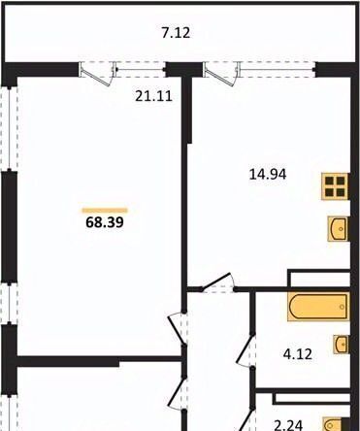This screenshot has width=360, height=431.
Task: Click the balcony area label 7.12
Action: (176, 33)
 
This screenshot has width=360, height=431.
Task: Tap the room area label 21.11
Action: (153, 96)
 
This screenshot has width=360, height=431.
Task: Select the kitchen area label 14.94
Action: (268, 175)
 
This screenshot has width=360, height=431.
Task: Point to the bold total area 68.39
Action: (105, 222)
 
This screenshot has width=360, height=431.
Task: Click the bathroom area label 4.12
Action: (298, 354)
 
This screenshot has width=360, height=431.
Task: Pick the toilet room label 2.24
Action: (288, 425)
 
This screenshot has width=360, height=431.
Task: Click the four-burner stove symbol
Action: (335, 186)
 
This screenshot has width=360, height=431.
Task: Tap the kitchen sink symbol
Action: (339, 229)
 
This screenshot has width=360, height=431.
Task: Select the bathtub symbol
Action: (318, 307)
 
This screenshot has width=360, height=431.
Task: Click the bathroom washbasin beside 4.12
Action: (342, 344)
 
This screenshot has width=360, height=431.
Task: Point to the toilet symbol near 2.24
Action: (333, 424)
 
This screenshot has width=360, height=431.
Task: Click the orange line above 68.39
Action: (105, 211)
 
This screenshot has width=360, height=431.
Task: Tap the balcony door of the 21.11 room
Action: (97, 74)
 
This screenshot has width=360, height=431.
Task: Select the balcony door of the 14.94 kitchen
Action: (221, 74)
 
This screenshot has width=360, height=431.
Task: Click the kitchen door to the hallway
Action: (217, 282)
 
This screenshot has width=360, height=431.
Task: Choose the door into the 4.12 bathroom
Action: (246, 349)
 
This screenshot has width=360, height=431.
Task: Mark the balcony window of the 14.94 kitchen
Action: (278, 69)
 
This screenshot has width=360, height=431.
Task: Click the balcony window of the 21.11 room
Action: (141, 69)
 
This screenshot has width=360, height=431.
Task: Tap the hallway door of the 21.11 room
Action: (178, 329)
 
